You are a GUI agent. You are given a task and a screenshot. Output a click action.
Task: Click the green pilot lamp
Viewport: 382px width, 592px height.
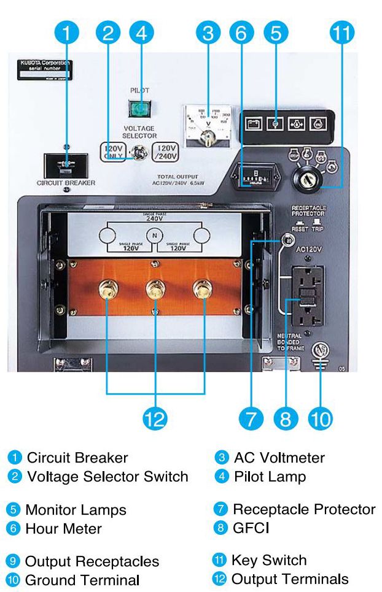click(x=140, y=109)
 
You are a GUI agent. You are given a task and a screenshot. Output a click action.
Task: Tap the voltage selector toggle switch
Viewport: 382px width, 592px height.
click(x=141, y=152)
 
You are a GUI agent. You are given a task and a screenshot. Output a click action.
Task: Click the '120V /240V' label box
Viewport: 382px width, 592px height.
click(x=168, y=152)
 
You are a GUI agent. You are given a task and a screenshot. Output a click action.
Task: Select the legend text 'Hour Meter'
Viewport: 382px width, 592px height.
click(x=63, y=528)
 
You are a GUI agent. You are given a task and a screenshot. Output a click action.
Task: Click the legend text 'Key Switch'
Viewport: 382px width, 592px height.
click(x=270, y=559)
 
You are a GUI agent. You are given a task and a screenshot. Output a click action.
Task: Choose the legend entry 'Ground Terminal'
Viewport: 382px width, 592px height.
click(x=82, y=580)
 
